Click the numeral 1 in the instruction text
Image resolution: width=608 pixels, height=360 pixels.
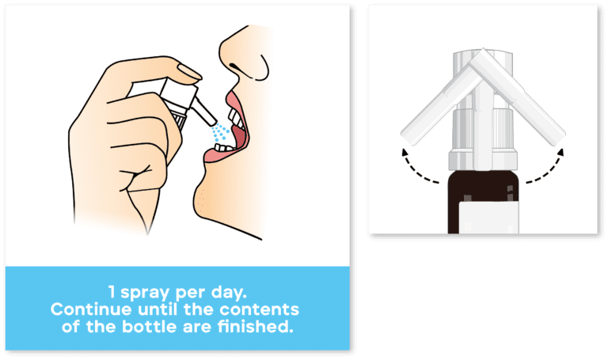(112, 292)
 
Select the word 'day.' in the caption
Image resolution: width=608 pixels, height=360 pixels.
(229, 292)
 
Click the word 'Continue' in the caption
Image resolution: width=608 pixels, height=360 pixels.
(91, 309)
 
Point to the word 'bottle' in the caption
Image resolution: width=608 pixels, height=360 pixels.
(150, 326)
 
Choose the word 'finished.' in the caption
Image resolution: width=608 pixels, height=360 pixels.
(255, 326)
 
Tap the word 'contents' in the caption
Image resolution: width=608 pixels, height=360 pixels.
(259, 309)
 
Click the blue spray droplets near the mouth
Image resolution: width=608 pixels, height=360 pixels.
(221, 132)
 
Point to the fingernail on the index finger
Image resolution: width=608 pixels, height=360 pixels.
(189, 72)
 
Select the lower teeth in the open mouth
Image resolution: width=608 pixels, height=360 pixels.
(225, 148)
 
